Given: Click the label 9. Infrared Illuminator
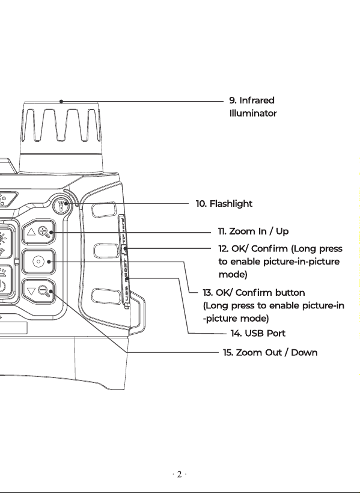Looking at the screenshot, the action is pyautogui.click(x=253, y=107).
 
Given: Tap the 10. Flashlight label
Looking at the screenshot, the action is pyautogui.click(x=224, y=204).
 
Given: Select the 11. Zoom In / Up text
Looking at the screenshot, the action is pyautogui.click(x=253, y=231).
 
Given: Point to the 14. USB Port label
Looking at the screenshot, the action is pyautogui.click(x=258, y=333).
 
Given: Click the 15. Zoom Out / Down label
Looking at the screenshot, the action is pyautogui.click(x=270, y=352).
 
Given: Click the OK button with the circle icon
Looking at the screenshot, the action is pyautogui.click(x=38, y=262).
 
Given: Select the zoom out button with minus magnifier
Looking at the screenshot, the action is pyautogui.click(x=38, y=291).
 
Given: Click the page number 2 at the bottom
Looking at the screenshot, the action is pyautogui.click(x=179, y=474).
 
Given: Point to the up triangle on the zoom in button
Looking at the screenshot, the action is pyautogui.click(x=31, y=232).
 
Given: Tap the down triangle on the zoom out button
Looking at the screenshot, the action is pyautogui.click(x=31, y=291).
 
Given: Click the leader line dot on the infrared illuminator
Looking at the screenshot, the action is pyautogui.click(x=61, y=101).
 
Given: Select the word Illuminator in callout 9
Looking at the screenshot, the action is pyautogui.click(x=253, y=113).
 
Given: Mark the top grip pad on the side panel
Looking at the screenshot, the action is pyautogui.click(x=104, y=209).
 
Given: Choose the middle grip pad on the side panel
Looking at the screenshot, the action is pyautogui.click(x=106, y=251).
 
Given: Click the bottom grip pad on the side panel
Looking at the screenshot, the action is pyautogui.click(x=106, y=296).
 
